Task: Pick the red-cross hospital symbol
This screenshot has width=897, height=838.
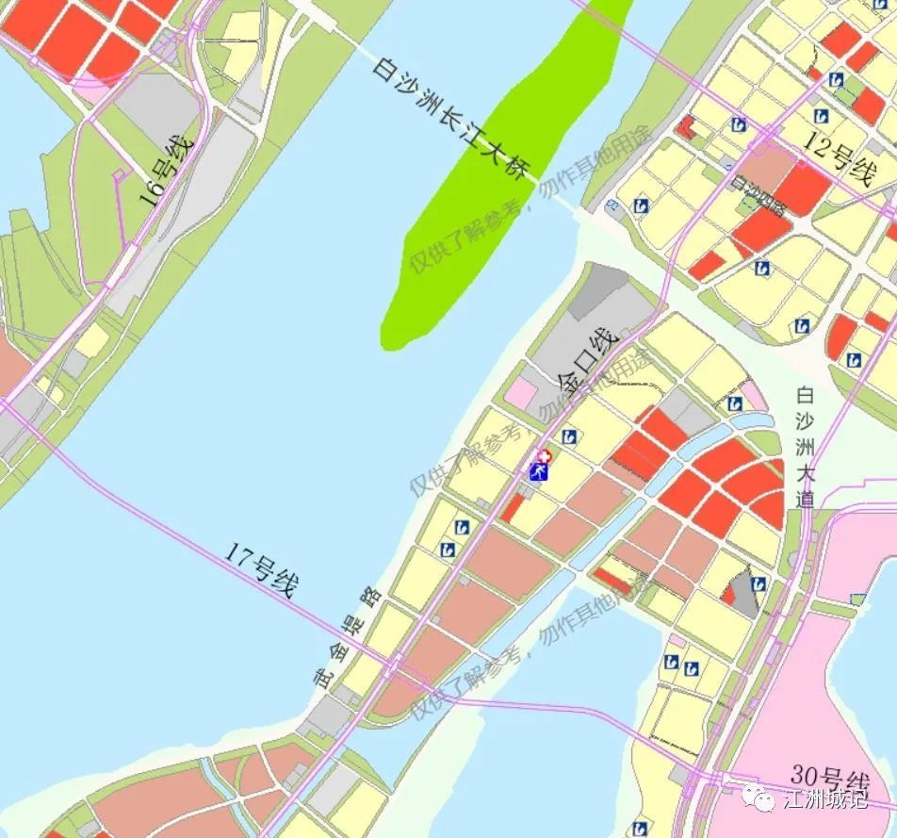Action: pyautogui.click(x=544, y=457)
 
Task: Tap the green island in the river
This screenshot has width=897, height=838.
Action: pyautogui.click(x=499, y=189)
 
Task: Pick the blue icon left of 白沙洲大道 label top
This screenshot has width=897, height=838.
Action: pyautogui.click(x=735, y=404)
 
